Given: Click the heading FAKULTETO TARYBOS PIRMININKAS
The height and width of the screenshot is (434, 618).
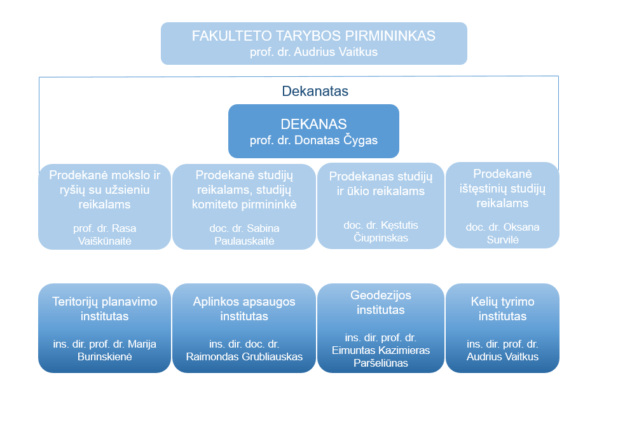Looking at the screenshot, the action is pos(313,36).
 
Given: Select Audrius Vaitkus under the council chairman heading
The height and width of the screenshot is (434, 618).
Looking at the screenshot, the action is pos(336,52).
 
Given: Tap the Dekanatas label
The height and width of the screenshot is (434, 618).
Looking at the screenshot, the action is pos(315,92).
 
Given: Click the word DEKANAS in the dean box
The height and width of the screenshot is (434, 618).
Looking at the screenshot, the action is pos(313,124).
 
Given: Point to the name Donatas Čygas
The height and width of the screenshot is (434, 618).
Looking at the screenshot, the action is pos(336,140).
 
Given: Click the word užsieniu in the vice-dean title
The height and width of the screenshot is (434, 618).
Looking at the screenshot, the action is pos(130,190).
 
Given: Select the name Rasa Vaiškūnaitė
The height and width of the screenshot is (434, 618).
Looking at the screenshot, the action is pos(105,234).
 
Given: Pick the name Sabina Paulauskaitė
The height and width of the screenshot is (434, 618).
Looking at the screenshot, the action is pos(244,234).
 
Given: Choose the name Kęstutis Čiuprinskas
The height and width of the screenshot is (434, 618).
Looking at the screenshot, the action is pos(381,231).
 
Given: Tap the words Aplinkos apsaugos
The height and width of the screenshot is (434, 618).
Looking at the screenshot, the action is pos(244,302).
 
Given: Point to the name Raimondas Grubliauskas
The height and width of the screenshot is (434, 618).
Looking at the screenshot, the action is pos(244,357).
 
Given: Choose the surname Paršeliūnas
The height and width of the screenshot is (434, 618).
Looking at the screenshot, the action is pos(381,363).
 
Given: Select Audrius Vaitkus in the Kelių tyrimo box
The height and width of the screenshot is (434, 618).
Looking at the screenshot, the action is pos(502,357).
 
